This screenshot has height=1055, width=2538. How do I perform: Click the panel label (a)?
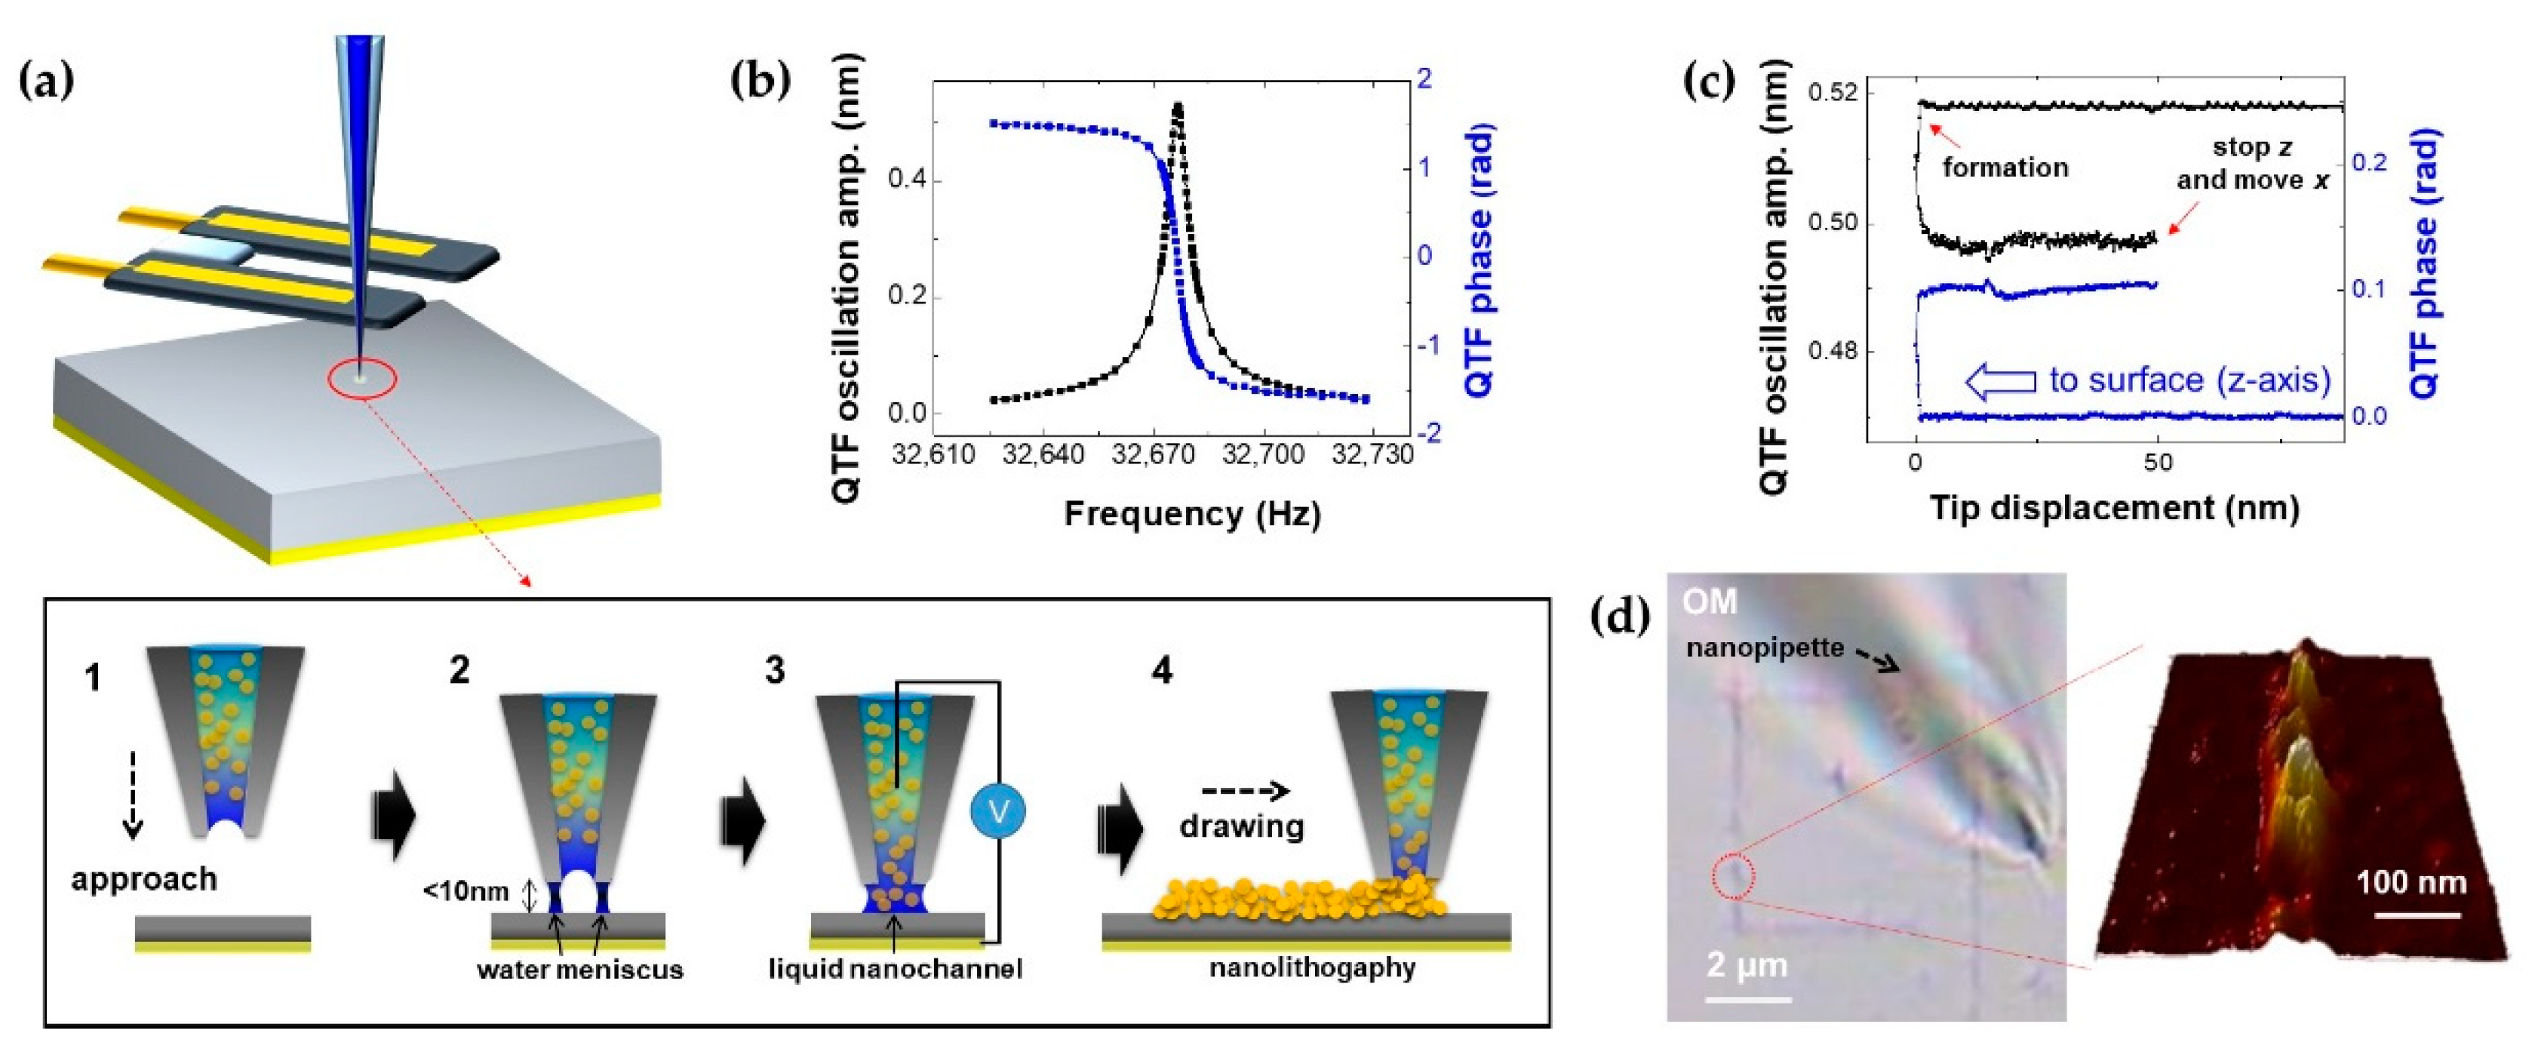[46, 82]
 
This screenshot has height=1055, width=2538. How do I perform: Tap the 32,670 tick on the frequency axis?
[1153, 456]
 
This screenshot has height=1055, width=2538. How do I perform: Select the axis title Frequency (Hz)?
[1191, 513]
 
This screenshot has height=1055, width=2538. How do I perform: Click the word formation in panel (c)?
[2005, 168]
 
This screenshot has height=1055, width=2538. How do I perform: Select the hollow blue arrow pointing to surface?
[2000, 381]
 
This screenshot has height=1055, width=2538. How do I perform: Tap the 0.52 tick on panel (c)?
[1833, 94]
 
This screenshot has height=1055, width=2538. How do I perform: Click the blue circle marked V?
[998, 810]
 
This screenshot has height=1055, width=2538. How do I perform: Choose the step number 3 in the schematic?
[774, 670]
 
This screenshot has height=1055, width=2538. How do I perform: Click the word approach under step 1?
[144, 878]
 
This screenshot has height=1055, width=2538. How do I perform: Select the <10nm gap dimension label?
[466, 891]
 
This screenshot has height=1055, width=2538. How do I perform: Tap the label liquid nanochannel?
[895, 969]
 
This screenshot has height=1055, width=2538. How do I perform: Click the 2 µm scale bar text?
[1747, 964]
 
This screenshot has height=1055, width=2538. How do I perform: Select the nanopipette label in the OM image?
[1765, 647]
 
